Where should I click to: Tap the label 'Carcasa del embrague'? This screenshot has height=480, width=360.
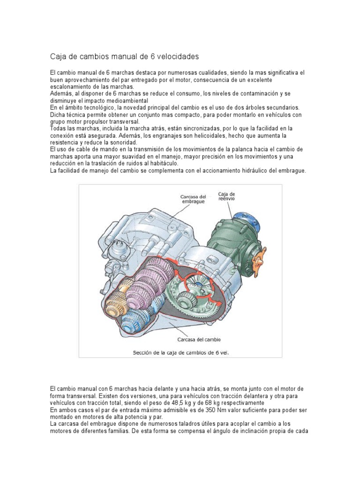tap(193, 199)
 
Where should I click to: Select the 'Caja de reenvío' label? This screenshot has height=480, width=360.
tap(227, 196)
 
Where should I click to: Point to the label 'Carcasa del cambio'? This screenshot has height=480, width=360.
tap(199, 339)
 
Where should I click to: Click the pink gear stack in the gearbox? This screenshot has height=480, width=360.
tap(150, 281)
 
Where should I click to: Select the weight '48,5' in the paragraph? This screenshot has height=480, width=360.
tap(193, 403)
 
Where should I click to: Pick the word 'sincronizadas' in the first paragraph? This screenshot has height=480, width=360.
tap(197, 128)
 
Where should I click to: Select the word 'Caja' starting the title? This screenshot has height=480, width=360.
tap(58, 56)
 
